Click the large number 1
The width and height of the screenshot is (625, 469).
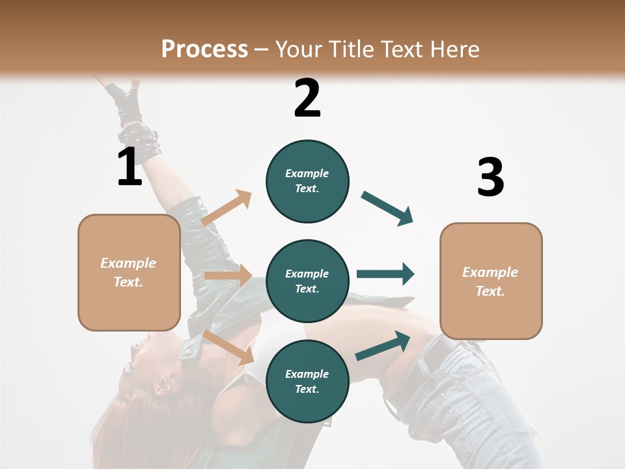click(x=130, y=167)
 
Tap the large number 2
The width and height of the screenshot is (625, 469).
click(x=307, y=98)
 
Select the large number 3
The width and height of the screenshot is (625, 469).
click(x=490, y=178)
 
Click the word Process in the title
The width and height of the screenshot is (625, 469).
click(x=204, y=49)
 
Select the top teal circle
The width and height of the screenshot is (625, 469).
click(x=307, y=181)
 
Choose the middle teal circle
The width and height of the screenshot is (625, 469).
click(x=307, y=281)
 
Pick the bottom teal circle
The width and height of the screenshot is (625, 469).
click(x=307, y=381)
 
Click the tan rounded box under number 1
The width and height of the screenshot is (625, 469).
click(x=129, y=272)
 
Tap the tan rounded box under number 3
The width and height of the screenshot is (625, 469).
click(x=491, y=281)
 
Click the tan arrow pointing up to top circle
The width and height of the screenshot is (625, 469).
click(x=227, y=207)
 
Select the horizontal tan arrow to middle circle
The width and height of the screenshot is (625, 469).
click(x=228, y=276)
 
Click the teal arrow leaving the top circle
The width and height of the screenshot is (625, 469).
click(x=387, y=208)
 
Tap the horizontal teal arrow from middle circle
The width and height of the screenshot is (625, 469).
click(x=385, y=274)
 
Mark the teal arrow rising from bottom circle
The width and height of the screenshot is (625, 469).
click(x=383, y=346)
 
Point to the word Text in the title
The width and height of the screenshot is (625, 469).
click(x=400, y=49)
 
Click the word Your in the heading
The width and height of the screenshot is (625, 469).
click(x=299, y=49)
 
